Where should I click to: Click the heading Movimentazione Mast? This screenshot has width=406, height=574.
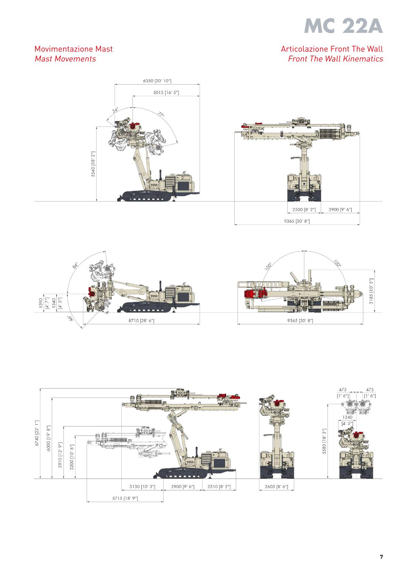click(x=74, y=49)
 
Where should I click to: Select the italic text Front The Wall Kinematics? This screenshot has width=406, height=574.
click(x=335, y=59)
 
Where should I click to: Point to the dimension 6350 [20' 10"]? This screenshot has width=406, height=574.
click(x=157, y=81)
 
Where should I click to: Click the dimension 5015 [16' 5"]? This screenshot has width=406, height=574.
click(x=166, y=92)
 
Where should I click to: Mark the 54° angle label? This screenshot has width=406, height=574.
click(x=116, y=110)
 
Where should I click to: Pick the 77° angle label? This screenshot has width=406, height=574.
click(x=161, y=115)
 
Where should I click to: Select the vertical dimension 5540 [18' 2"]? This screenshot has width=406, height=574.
click(x=93, y=164)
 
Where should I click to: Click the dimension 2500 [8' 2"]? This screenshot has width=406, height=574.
click(x=304, y=209)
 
